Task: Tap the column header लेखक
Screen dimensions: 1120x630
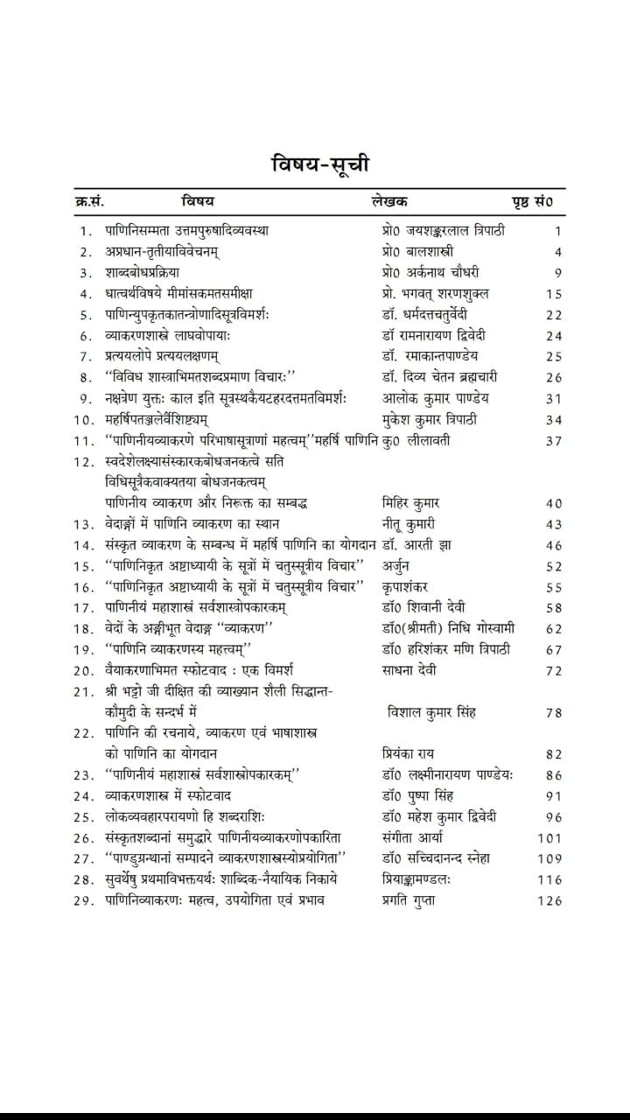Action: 389,202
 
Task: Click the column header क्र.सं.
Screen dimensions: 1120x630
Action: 89,202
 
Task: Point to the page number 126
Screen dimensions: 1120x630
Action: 549,900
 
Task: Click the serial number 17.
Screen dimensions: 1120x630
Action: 85,608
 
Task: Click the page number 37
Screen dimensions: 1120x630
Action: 553,440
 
